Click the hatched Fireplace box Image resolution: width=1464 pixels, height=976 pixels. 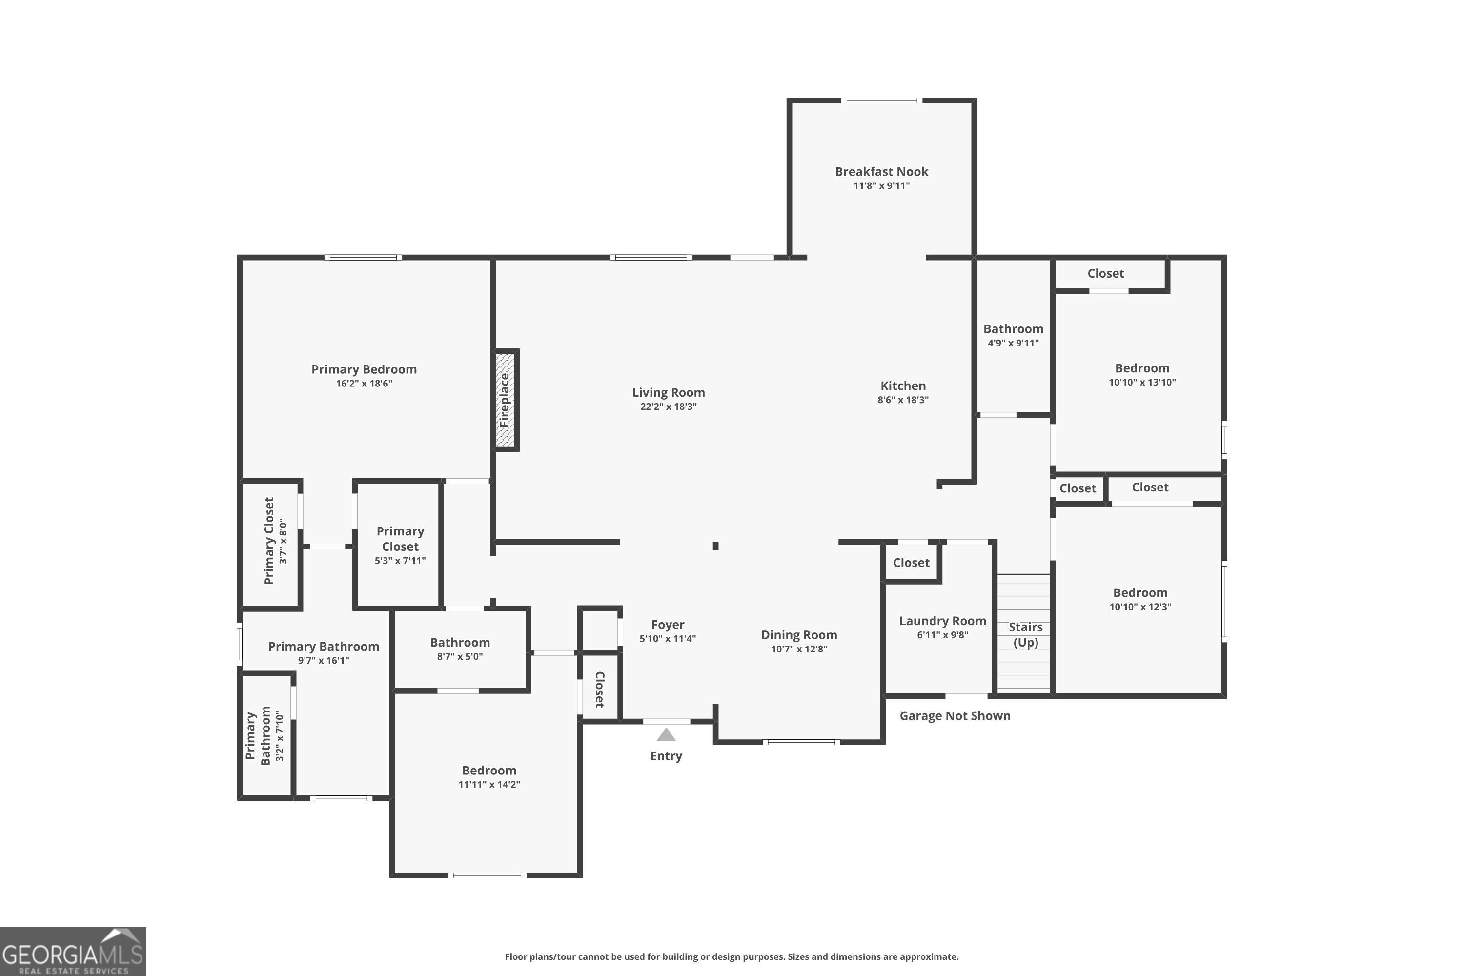[x=507, y=400]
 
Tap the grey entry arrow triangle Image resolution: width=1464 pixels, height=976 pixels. [x=666, y=735]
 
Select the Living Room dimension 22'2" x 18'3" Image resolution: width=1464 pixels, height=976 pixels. [x=669, y=407]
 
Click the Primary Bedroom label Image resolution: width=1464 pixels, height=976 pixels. [x=364, y=369]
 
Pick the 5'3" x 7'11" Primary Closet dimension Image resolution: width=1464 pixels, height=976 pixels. [x=400, y=561]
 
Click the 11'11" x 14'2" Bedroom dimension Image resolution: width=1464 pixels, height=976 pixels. [x=489, y=784]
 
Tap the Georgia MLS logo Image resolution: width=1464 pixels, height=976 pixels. [x=73, y=951]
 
